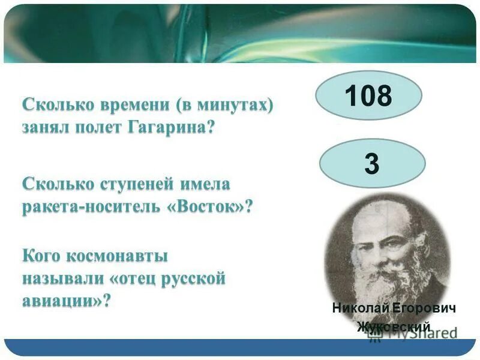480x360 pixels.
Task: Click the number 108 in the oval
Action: (x=368, y=96)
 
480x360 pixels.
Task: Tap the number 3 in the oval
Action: (x=372, y=164)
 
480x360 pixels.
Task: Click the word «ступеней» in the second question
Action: (x=126, y=182)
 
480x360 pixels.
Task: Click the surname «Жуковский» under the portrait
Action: (x=394, y=326)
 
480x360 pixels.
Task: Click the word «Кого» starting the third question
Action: (x=40, y=256)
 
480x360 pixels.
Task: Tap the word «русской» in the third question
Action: (x=193, y=278)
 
